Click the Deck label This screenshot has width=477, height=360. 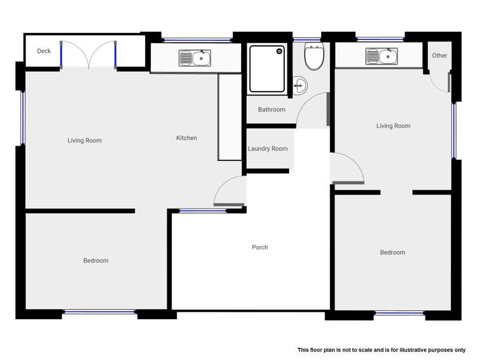click(44, 51)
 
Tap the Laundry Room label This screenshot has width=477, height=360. click(268, 149)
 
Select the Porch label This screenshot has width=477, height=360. click(259, 247)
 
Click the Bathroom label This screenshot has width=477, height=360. click(272, 109)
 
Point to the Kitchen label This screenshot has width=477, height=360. click(186, 138)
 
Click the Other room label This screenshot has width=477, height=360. click(439, 55)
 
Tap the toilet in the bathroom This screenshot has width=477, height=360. click(314, 58)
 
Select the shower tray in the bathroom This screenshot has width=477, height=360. click(267, 69)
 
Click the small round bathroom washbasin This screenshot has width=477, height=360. click(301, 85)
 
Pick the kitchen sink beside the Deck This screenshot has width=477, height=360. click(195, 59)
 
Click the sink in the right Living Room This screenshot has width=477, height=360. click(382, 57)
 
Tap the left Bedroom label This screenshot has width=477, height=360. click(95, 260)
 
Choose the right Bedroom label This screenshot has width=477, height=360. click(392, 253)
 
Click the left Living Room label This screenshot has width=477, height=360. click(85, 141)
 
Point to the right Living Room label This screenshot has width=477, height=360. click(393, 126)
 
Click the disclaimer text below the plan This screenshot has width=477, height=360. click(381, 350)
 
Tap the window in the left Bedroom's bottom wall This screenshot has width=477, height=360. click(100, 312)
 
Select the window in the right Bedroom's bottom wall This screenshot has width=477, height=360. click(399, 313)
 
